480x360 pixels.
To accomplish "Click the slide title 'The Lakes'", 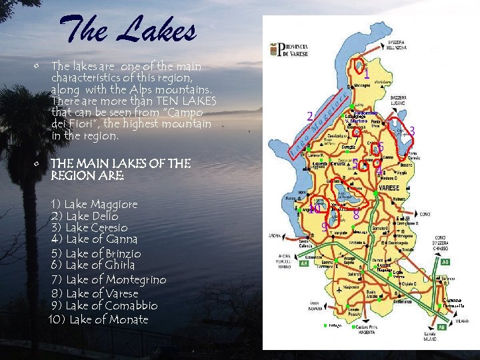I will (x=128, y=30).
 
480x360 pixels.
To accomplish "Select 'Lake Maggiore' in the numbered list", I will (x=94, y=204).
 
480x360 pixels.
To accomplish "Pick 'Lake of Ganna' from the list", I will (x=94, y=239).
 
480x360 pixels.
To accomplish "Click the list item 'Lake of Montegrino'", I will (x=108, y=280).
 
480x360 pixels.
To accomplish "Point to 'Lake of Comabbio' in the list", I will (x=104, y=305).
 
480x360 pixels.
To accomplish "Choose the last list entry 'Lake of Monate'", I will (x=99, y=319).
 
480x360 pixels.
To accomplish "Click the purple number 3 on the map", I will (x=412, y=131).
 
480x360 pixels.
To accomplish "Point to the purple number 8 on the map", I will (x=357, y=215).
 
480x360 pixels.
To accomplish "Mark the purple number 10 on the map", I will (x=315, y=209).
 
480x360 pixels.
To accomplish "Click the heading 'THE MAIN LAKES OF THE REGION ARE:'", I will (x=121, y=169).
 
